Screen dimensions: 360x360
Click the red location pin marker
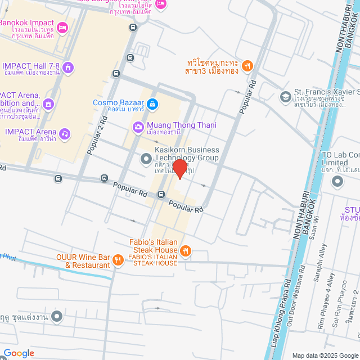[180, 168]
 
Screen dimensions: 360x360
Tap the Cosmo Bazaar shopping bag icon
[152, 103]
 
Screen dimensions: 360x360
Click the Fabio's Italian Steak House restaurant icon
[186, 250]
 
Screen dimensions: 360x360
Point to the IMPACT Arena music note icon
[65, 134]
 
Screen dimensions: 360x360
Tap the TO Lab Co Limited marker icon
[337, 181]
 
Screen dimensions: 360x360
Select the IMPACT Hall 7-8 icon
[68, 68]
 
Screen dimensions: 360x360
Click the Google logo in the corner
[19, 353]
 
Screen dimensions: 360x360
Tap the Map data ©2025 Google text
[325, 355]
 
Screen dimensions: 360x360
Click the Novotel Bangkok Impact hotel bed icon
[62, 26]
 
